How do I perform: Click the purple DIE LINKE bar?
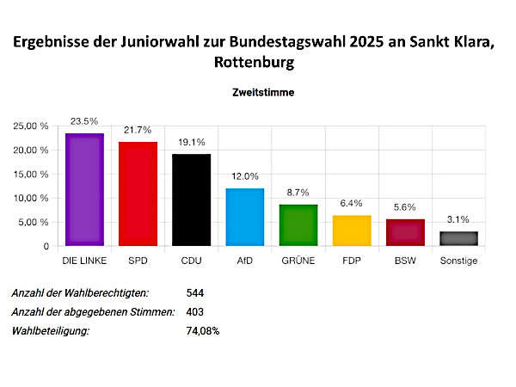pos(84,190)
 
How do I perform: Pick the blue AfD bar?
pos(245,218)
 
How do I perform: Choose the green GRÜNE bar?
pos(298,225)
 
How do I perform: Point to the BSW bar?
pos(405,233)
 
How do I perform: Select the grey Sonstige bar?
pos(458,238)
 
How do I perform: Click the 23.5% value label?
pos(84,122)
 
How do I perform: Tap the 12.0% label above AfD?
pos(245,177)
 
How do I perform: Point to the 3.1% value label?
pos(458,220)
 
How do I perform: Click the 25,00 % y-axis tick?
pos(32,126)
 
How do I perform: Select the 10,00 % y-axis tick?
pos(32,199)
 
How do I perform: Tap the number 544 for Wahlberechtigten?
pos(195,292)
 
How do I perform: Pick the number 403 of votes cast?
pos(195,311)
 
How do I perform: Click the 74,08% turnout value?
pos(203,330)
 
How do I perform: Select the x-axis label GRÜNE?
pos(298,261)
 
